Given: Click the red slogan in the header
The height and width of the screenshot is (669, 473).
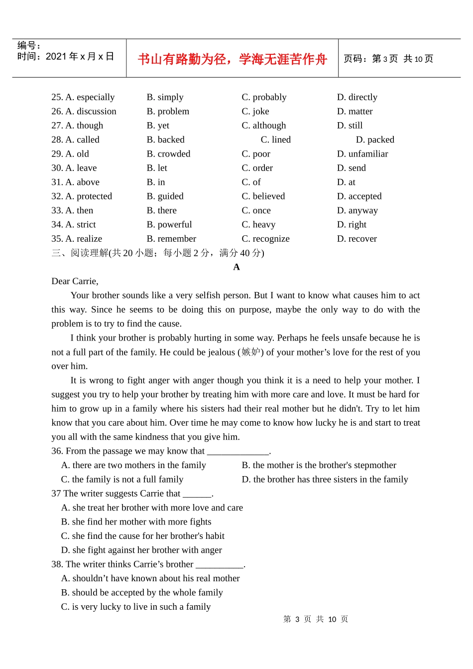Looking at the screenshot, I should (x=232, y=59).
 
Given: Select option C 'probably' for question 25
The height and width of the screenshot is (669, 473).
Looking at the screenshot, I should (x=264, y=97).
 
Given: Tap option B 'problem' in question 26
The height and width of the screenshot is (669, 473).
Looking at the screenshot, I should (x=168, y=111).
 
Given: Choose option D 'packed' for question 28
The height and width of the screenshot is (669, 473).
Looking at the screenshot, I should (x=375, y=140).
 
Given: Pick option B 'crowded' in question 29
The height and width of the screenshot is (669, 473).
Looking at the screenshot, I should (x=168, y=154).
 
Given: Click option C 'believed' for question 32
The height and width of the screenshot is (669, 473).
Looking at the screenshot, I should (x=263, y=196).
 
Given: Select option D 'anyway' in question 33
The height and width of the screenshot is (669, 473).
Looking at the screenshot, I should (x=357, y=210).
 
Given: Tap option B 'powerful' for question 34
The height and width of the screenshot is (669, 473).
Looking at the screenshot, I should (x=169, y=225).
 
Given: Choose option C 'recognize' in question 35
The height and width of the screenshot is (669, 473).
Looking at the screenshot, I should (x=265, y=239).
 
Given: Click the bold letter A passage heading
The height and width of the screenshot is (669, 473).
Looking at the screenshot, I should (x=236, y=267).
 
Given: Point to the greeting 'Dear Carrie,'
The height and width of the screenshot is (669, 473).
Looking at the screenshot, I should (x=75, y=281).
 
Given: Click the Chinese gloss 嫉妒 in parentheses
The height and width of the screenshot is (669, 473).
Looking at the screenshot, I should (x=250, y=352).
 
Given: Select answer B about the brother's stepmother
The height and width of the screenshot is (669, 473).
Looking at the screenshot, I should (x=319, y=465).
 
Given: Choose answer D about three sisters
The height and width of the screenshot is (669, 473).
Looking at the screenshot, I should (x=325, y=480).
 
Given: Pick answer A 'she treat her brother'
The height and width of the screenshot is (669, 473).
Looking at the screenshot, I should (x=152, y=507).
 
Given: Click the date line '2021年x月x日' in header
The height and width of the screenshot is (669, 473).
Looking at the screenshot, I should (x=80, y=57).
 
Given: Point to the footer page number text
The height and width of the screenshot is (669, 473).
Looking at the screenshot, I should (x=316, y=619).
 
